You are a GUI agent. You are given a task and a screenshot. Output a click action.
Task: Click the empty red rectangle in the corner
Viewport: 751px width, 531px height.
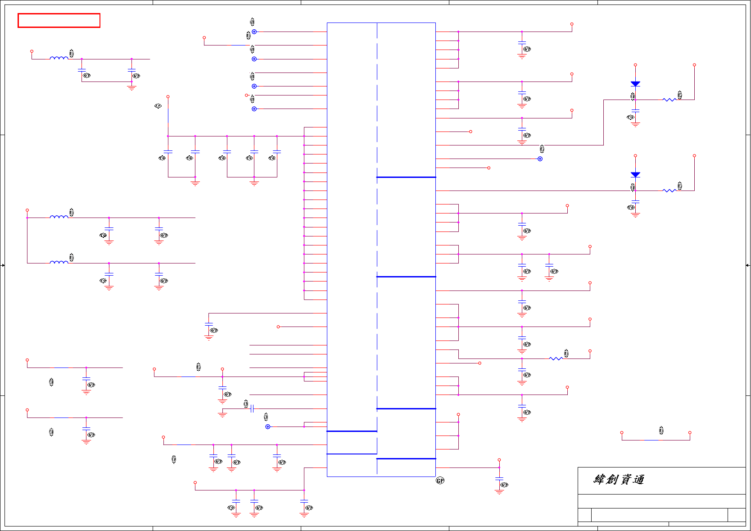coord(59,21)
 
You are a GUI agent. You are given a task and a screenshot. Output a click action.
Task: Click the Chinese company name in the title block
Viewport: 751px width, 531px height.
coord(619,480)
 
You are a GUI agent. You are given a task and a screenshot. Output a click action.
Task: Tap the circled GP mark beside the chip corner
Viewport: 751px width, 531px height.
coord(440,481)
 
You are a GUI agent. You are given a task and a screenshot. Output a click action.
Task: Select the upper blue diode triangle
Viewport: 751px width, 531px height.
coord(635,84)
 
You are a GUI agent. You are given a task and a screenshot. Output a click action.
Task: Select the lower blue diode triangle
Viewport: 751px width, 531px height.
coord(635,174)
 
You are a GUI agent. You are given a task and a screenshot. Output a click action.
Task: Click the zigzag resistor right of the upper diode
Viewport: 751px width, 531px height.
coord(669,100)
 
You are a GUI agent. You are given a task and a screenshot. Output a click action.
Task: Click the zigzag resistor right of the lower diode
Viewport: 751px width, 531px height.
coord(669,191)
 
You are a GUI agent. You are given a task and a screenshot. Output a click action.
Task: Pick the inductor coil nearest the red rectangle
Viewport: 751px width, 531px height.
coord(59,58)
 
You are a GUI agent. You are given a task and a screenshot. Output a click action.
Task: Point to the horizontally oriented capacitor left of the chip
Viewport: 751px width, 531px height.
coord(252,408)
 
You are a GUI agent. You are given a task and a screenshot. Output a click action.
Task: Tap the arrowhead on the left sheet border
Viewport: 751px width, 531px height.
coord(3,265)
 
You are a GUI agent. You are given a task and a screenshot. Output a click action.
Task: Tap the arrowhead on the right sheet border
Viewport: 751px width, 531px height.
coord(747,265)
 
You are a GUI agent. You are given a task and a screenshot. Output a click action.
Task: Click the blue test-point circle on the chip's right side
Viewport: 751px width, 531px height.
coord(540,159)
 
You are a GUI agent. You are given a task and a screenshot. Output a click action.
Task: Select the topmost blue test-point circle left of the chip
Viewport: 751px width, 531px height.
coord(254,32)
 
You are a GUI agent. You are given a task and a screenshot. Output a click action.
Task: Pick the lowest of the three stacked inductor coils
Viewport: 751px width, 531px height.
coord(59,262)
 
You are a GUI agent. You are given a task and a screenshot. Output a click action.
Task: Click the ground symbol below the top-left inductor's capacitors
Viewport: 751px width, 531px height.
coord(131,88)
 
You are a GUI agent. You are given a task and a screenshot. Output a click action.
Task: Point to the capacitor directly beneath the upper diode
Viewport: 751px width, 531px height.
coord(635,110)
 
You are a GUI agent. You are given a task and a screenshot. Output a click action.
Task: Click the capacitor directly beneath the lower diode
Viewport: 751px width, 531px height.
coord(635,201)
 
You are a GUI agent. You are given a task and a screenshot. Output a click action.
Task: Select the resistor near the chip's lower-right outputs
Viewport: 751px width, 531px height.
coord(556,359)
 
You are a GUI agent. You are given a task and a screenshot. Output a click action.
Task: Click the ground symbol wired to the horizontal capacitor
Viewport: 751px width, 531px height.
coord(222,415)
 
